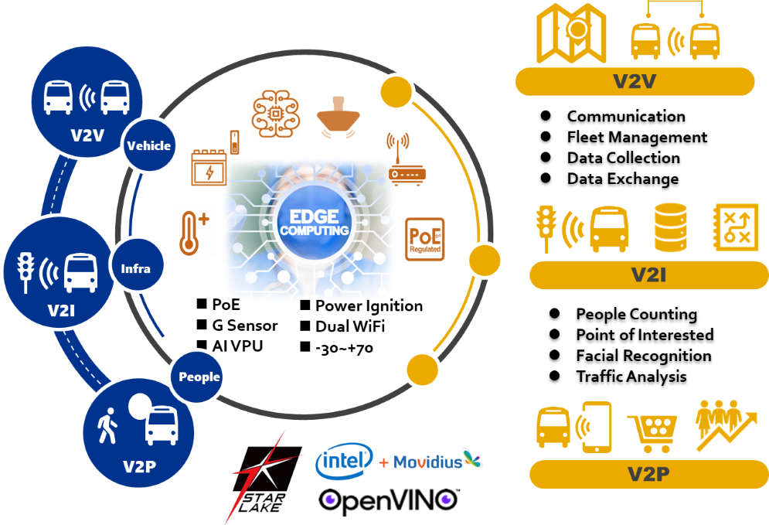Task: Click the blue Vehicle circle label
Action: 149,145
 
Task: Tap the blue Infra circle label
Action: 136,269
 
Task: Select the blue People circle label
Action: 199,377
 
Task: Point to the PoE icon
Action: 425,239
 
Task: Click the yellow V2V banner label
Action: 634,81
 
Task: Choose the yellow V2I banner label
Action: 648,275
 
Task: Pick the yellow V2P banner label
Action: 648,474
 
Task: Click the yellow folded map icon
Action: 571,33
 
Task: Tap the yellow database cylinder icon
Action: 670,228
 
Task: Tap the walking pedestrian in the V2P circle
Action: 107,426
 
